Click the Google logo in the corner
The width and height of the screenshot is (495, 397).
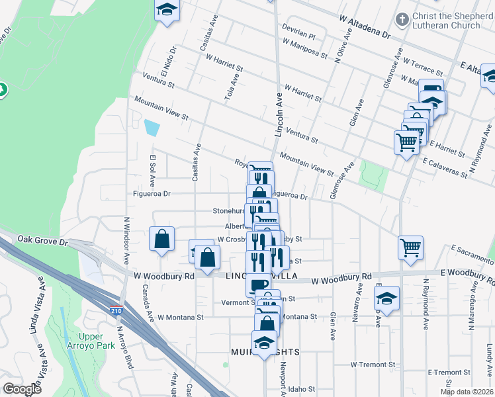click(x=22, y=389)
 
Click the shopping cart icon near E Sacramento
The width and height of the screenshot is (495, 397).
click(x=411, y=248)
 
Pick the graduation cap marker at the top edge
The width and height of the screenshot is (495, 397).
click(x=167, y=10)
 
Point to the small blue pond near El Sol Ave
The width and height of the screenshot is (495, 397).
click(x=152, y=127)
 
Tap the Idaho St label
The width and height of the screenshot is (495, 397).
click(x=306, y=388)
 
